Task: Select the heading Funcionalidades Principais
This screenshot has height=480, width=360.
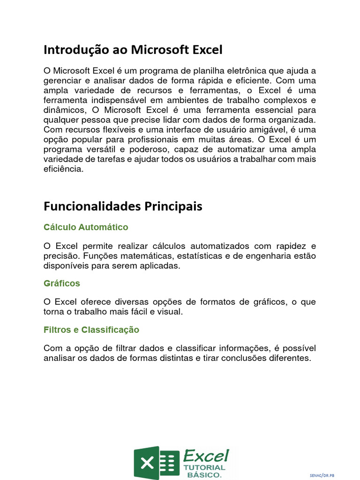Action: click(x=123, y=206)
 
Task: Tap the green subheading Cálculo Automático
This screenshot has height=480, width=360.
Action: click(x=86, y=227)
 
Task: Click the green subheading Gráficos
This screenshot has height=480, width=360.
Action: click(x=62, y=284)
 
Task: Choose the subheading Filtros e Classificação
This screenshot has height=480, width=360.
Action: click(x=91, y=330)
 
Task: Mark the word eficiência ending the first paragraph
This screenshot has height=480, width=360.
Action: click(x=63, y=169)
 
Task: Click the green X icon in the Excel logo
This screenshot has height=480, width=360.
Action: click(x=147, y=463)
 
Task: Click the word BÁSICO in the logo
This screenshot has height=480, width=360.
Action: click(x=204, y=475)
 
